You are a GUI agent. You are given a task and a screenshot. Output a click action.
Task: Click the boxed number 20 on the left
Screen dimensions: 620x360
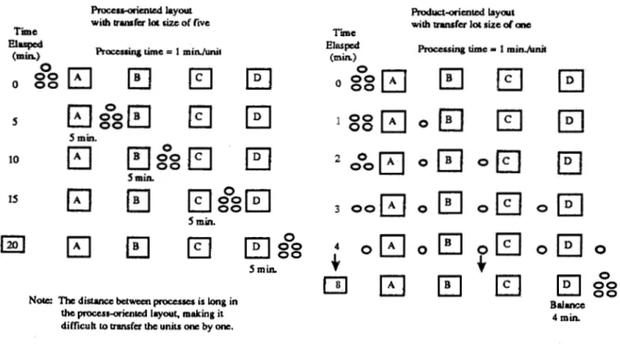click(x=13, y=244)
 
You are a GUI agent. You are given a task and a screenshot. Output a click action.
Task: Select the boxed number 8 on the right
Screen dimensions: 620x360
click(x=336, y=285)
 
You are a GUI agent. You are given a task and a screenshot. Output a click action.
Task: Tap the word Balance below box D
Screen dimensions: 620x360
click(x=567, y=305)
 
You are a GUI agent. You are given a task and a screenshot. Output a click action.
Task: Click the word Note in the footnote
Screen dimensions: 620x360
click(x=41, y=300)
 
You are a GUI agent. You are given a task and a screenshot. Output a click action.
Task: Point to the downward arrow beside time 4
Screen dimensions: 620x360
click(x=336, y=262)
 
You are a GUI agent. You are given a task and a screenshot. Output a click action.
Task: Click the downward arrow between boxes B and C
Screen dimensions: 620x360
click(x=481, y=264)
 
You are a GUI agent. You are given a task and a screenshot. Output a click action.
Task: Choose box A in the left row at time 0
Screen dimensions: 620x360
click(x=80, y=78)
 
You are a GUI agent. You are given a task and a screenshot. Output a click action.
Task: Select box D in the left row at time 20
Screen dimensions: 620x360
click(x=257, y=247)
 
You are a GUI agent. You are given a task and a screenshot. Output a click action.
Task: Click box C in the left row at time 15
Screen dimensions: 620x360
click(x=200, y=201)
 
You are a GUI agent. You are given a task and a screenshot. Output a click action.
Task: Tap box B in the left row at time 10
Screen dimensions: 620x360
click(x=139, y=158)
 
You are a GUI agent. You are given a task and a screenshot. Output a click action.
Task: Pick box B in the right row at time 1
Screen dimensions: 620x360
click(x=451, y=120)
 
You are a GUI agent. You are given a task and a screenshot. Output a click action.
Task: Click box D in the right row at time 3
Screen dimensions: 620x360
click(x=570, y=205)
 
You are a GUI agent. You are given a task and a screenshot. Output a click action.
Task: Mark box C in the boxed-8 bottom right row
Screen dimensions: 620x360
click(x=508, y=285)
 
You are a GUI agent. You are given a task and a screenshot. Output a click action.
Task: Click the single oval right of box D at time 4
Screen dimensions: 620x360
click(x=601, y=249)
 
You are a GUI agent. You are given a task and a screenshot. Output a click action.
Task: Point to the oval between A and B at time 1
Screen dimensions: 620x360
click(x=423, y=123)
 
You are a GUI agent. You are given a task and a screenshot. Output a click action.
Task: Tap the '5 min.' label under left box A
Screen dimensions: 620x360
click(x=82, y=138)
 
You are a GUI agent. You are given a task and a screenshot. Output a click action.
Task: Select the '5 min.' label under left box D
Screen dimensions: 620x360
click(x=263, y=269)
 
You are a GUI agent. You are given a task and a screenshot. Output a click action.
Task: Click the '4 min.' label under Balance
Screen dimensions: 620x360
click(x=565, y=317)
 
